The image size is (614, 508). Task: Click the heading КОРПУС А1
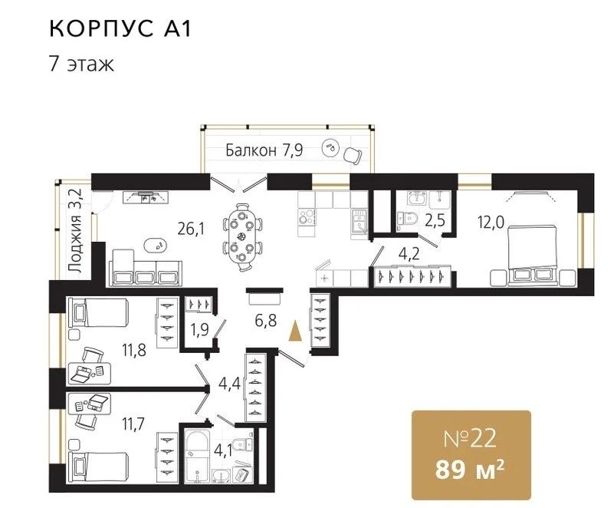[120, 28]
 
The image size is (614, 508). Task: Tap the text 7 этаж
[81, 64]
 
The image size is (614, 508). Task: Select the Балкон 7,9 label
[264, 150]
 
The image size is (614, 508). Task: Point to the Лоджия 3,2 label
[74, 230]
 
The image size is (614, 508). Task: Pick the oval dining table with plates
[241, 237]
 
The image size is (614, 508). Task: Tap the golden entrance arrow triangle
[295, 331]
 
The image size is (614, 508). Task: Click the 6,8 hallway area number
[266, 321]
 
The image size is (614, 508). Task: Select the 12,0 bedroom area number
[491, 222]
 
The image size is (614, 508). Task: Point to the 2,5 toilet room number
[435, 221]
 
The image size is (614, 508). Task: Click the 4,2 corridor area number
[409, 254]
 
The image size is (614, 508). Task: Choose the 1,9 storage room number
[200, 330]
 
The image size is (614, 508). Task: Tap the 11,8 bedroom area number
[134, 350]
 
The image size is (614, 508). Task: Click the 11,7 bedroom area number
[133, 424]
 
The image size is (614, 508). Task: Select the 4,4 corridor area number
[229, 384]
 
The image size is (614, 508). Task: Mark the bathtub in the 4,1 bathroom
[198, 456]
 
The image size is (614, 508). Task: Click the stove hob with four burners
[306, 216]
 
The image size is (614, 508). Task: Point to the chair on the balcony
[353, 155]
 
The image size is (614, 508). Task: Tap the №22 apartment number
[470, 439]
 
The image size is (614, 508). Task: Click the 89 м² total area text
[469, 469]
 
